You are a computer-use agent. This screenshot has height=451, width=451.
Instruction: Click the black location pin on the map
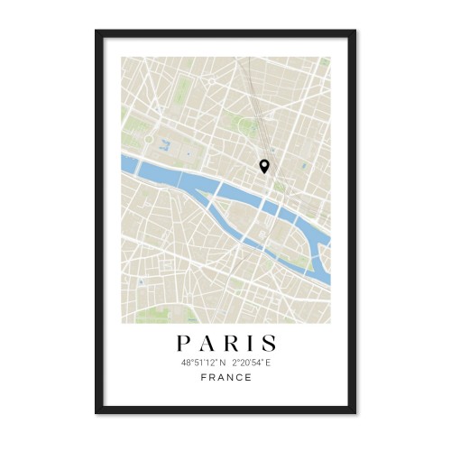pos(264,165)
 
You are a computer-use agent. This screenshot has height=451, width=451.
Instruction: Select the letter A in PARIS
pos(204,344)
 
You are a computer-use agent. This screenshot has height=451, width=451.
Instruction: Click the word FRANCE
pos(225,377)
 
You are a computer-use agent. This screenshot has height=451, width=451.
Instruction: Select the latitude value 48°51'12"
pos(198,362)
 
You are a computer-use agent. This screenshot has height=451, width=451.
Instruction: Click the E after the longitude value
pos(268,362)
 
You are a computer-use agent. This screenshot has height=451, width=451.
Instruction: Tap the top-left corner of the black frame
pos(97,32)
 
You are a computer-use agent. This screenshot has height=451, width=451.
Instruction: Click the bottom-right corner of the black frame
pos(354,413)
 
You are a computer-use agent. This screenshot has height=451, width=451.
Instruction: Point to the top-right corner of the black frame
pos(354,32)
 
